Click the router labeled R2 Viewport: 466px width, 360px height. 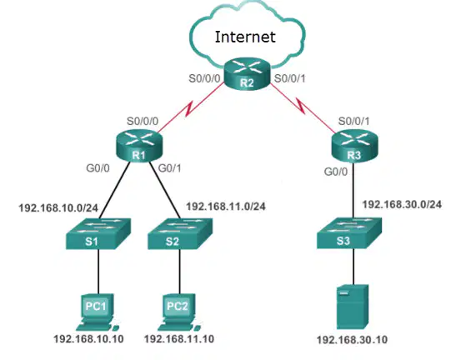[247, 74]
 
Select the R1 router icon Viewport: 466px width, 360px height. [139, 147]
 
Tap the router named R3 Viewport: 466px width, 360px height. [354, 147]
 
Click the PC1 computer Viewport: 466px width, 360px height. [98, 312]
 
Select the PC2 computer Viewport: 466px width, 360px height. [179, 312]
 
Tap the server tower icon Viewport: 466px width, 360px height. [353, 307]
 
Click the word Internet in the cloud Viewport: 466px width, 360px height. [245, 37]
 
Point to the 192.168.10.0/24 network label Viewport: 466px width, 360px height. [58, 208]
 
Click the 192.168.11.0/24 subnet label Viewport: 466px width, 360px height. [226, 207]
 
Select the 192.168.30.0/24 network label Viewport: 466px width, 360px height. [402, 204]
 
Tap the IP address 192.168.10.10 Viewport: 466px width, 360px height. [88, 339]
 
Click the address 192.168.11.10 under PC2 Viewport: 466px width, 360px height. [179, 339]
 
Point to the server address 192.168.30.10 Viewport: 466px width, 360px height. [352, 340]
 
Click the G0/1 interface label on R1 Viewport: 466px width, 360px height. [170, 168]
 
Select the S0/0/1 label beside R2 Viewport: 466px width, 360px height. [290, 78]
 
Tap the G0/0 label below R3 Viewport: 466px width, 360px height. [336, 172]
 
